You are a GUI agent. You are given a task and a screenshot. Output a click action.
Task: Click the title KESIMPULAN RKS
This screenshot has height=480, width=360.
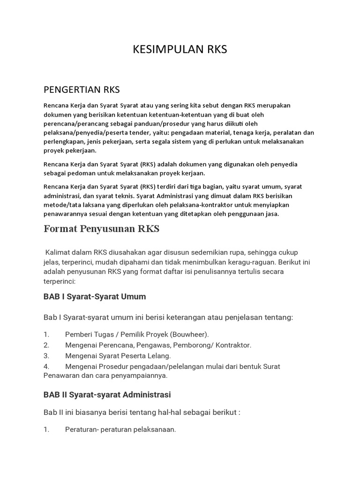tap(180, 50)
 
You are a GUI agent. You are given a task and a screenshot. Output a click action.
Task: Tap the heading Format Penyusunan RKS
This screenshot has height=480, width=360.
tap(101, 229)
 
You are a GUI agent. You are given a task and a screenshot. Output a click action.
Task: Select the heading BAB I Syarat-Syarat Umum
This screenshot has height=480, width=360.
tap(94, 297)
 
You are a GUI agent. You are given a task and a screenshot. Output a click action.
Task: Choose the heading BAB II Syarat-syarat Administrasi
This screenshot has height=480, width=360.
tap(107, 395)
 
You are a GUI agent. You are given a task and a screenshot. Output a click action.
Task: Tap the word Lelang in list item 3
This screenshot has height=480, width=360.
tap(160, 356)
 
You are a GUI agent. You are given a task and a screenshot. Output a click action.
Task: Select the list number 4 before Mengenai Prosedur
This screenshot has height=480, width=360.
tap(46, 366)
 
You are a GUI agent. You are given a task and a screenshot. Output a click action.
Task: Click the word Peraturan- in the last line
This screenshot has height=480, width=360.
tap(84, 429)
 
